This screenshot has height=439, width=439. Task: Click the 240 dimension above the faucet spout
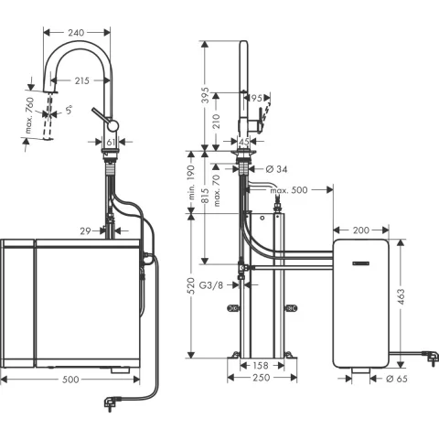(77, 33)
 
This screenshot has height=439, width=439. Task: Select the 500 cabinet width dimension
(71, 378)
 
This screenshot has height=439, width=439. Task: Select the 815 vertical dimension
(204, 208)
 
